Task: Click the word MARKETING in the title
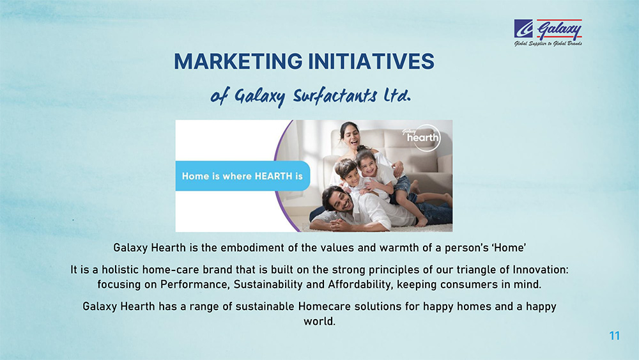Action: point(238,61)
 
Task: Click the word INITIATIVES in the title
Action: point(371,61)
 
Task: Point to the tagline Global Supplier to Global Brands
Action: point(548,43)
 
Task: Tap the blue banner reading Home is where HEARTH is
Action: point(242,176)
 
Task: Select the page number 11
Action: point(615,336)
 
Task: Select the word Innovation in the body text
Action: point(541,269)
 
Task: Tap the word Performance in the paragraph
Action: point(195,284)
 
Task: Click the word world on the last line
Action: point(319,321)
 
